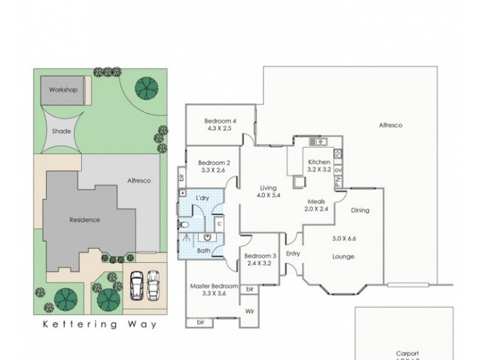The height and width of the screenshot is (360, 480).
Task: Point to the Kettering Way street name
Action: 100,325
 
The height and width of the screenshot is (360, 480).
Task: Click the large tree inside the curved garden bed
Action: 143,90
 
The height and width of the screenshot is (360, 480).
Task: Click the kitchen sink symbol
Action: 317,142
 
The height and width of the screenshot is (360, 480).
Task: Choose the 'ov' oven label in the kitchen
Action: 338,170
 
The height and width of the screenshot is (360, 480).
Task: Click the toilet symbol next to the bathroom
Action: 186,224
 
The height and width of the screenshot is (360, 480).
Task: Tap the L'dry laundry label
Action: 202,197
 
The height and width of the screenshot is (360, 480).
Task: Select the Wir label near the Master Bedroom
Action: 250,311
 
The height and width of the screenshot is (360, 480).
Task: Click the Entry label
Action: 292,254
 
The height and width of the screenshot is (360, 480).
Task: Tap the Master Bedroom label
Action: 214,286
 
